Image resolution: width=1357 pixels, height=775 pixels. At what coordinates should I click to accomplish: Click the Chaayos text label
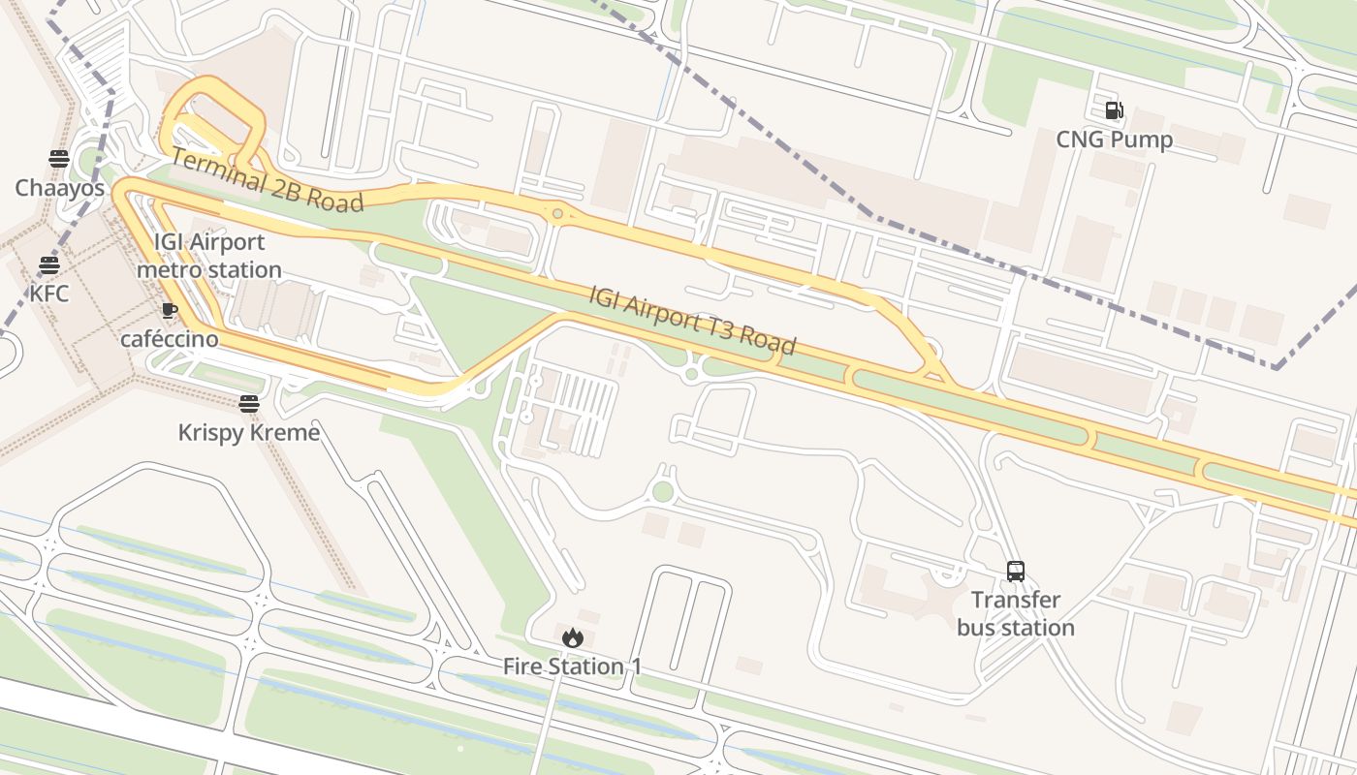coord(59,188)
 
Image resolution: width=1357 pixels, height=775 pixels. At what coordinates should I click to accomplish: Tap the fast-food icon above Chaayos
coord(59,159)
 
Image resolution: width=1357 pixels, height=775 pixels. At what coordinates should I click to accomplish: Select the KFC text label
coord(48,293)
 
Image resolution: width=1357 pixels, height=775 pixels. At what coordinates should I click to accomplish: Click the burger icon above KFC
coord(48,264)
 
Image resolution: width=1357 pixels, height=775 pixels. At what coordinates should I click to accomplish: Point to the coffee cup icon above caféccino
coord(170,311)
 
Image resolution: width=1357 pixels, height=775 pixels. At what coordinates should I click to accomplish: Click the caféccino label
coord(170,339)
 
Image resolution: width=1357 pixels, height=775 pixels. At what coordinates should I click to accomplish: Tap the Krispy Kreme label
coord(249,432)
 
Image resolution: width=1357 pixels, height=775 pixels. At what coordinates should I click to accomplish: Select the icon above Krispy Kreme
coord(249,404)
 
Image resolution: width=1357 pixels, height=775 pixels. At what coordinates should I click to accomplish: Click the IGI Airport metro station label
coord(209,256)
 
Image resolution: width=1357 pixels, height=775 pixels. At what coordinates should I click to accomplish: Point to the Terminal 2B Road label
coord(267,180)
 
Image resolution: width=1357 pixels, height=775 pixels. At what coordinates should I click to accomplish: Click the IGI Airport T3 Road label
coord(692,320)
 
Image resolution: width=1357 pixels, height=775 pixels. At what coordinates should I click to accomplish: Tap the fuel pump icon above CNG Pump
coord(1115,110)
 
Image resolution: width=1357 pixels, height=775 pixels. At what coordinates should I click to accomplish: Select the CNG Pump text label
coord(1115,139)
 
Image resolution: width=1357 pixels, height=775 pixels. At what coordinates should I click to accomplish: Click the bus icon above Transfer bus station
coord(1016,572)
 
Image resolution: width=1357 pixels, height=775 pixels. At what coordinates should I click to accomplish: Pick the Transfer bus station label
coord(1016,613)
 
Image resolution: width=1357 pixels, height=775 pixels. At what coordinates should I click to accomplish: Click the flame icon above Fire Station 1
coord(572,637)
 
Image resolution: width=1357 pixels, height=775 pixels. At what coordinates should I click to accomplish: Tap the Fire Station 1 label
coord(572,666)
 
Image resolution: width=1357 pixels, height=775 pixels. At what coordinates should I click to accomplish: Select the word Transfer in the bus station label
coord(1016,600)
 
